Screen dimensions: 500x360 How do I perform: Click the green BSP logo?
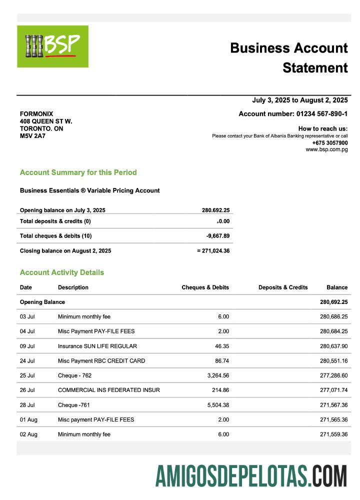tap(52, 46)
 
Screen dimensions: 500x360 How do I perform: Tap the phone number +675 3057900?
tap(330, 142)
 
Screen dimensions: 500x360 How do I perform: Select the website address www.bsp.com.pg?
tap(326, 149)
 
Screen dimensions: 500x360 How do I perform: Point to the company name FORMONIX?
tap(36, 114)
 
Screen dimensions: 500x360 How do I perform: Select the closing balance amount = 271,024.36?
tap(213, 251)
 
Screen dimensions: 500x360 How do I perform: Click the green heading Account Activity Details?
tap(62, 272)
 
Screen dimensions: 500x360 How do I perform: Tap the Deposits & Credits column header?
tap(283, 287)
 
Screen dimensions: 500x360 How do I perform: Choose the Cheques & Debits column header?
tap(205, 287)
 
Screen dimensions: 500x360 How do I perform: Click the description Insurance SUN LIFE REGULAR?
tap(97, 346)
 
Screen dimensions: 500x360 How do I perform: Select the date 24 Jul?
tap(27, 360)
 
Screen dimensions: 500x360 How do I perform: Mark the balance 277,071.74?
tap(333, 390)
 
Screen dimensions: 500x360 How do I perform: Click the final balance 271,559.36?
tap(333, 434)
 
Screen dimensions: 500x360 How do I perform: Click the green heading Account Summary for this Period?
tap(78, 172)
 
